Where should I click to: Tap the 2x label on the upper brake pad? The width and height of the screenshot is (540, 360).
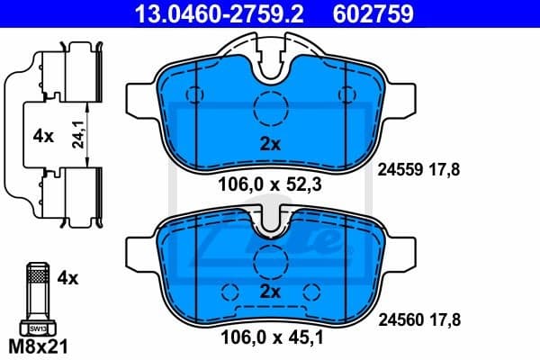coord(271,145)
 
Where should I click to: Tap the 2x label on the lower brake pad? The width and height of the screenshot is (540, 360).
coord(271,292)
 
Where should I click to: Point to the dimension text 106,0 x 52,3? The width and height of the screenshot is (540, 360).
coord(271,186)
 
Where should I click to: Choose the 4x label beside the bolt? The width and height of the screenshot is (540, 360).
coord(67,279)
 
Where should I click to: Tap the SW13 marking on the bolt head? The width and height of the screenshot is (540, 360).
coord(36,328)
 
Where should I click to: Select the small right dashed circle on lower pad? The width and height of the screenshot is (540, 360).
coord(312,292)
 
